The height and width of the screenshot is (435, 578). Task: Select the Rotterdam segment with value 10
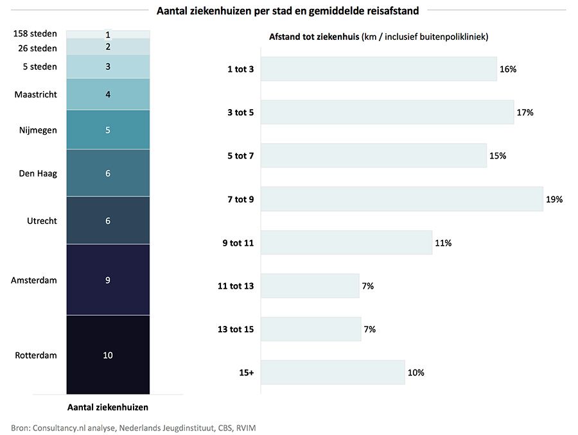[x=108, y=355]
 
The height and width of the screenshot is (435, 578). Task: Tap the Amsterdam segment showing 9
[x=108, y=280]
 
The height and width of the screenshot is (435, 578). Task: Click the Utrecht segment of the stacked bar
[x=108, y=221]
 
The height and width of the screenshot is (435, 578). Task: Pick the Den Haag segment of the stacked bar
[x=108, y=173]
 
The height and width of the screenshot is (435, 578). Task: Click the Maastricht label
[x=35, y=94]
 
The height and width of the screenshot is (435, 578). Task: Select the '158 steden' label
[x=35, y=33]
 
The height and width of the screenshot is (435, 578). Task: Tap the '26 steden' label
[x=38, y=48]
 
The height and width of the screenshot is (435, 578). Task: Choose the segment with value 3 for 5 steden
[x=108, y=67]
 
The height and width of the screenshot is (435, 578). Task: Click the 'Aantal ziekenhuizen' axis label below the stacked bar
[x=108, y=407]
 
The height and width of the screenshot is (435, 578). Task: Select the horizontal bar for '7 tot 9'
[x=401, y=200]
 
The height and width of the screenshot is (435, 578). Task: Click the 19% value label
[x=554, y=200]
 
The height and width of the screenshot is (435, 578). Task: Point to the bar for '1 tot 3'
[x=378, y=69]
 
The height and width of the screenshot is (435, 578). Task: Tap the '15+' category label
[x=247, y=373]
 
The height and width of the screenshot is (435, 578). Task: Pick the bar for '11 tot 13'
[x=310, y=286]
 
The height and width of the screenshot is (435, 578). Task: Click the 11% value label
[x=443, y=243]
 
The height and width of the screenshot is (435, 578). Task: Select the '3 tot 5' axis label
[x=240, y=112]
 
